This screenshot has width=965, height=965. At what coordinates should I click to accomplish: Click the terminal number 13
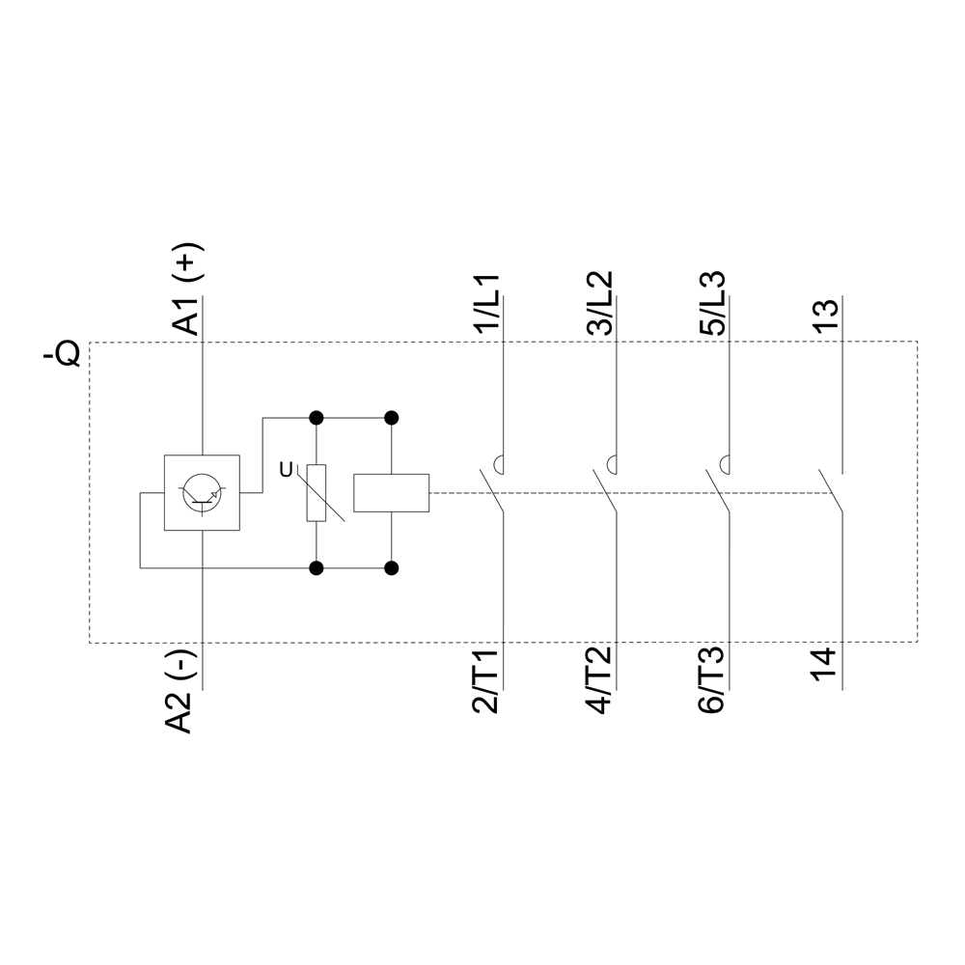(x=826, y=317)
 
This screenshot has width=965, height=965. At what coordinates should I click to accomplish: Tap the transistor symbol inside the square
(x=202, y=492)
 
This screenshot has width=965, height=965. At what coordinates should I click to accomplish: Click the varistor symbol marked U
(x=317, y=492)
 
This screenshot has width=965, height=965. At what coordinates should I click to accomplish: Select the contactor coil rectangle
(x=391, y=492)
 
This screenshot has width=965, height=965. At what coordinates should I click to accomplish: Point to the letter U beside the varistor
(x=285, y=470)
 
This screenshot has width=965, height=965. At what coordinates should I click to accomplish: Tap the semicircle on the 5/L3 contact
(x=725, y=463)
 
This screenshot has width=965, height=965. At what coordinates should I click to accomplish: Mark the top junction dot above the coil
(x=391, y=418)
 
